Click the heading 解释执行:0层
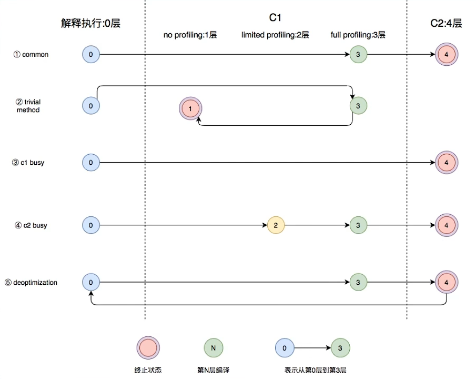coord(90,23)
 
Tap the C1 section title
coord(276,18)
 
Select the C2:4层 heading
coord(445,23)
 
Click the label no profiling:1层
coord(190,36)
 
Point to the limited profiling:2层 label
coord(275,36)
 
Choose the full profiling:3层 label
coord(358,36)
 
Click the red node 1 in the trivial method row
coord(190,109)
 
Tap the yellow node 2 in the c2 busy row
coord(276,225)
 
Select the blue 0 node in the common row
coord(91,54)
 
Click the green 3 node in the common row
coord(358,54)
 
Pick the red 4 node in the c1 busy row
coord(446,163)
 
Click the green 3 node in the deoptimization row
coord(358,282)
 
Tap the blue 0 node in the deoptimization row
coord(91,282)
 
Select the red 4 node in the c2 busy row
coord(446,225)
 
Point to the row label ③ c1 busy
coord(28,163)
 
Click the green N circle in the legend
coord(213,348)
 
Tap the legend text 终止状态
coord(148,370)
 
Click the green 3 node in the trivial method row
coord(358,106)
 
